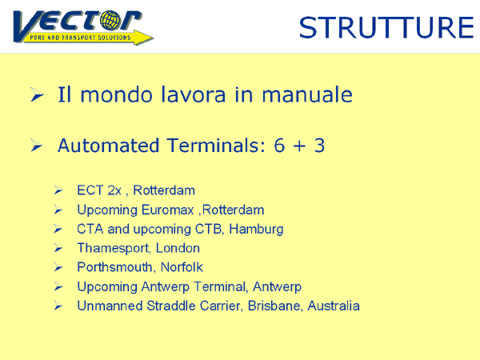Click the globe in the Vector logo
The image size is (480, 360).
[110, 20]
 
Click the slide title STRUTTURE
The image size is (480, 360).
[386, 27]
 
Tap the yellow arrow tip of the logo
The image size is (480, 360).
[153, 38]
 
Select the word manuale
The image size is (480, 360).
[307, 95]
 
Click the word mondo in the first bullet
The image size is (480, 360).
[116, 95]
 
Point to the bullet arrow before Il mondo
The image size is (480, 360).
[37, 94]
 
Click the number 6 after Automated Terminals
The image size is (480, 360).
[279, 146]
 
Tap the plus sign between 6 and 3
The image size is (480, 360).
[299, 146]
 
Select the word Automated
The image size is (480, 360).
[108, 145]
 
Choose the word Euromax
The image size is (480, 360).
[168, 210]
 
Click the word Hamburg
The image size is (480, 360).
[256, 230]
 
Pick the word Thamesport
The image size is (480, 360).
[114, 249]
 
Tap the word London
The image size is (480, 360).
[178, 248]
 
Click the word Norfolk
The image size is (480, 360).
[182, 267]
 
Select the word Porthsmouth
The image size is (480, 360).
[114, 267]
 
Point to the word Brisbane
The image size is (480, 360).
[270, 306]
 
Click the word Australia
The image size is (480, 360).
[334, 306]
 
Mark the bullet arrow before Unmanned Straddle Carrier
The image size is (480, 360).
[58, 306]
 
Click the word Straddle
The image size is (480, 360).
[171, 306]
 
